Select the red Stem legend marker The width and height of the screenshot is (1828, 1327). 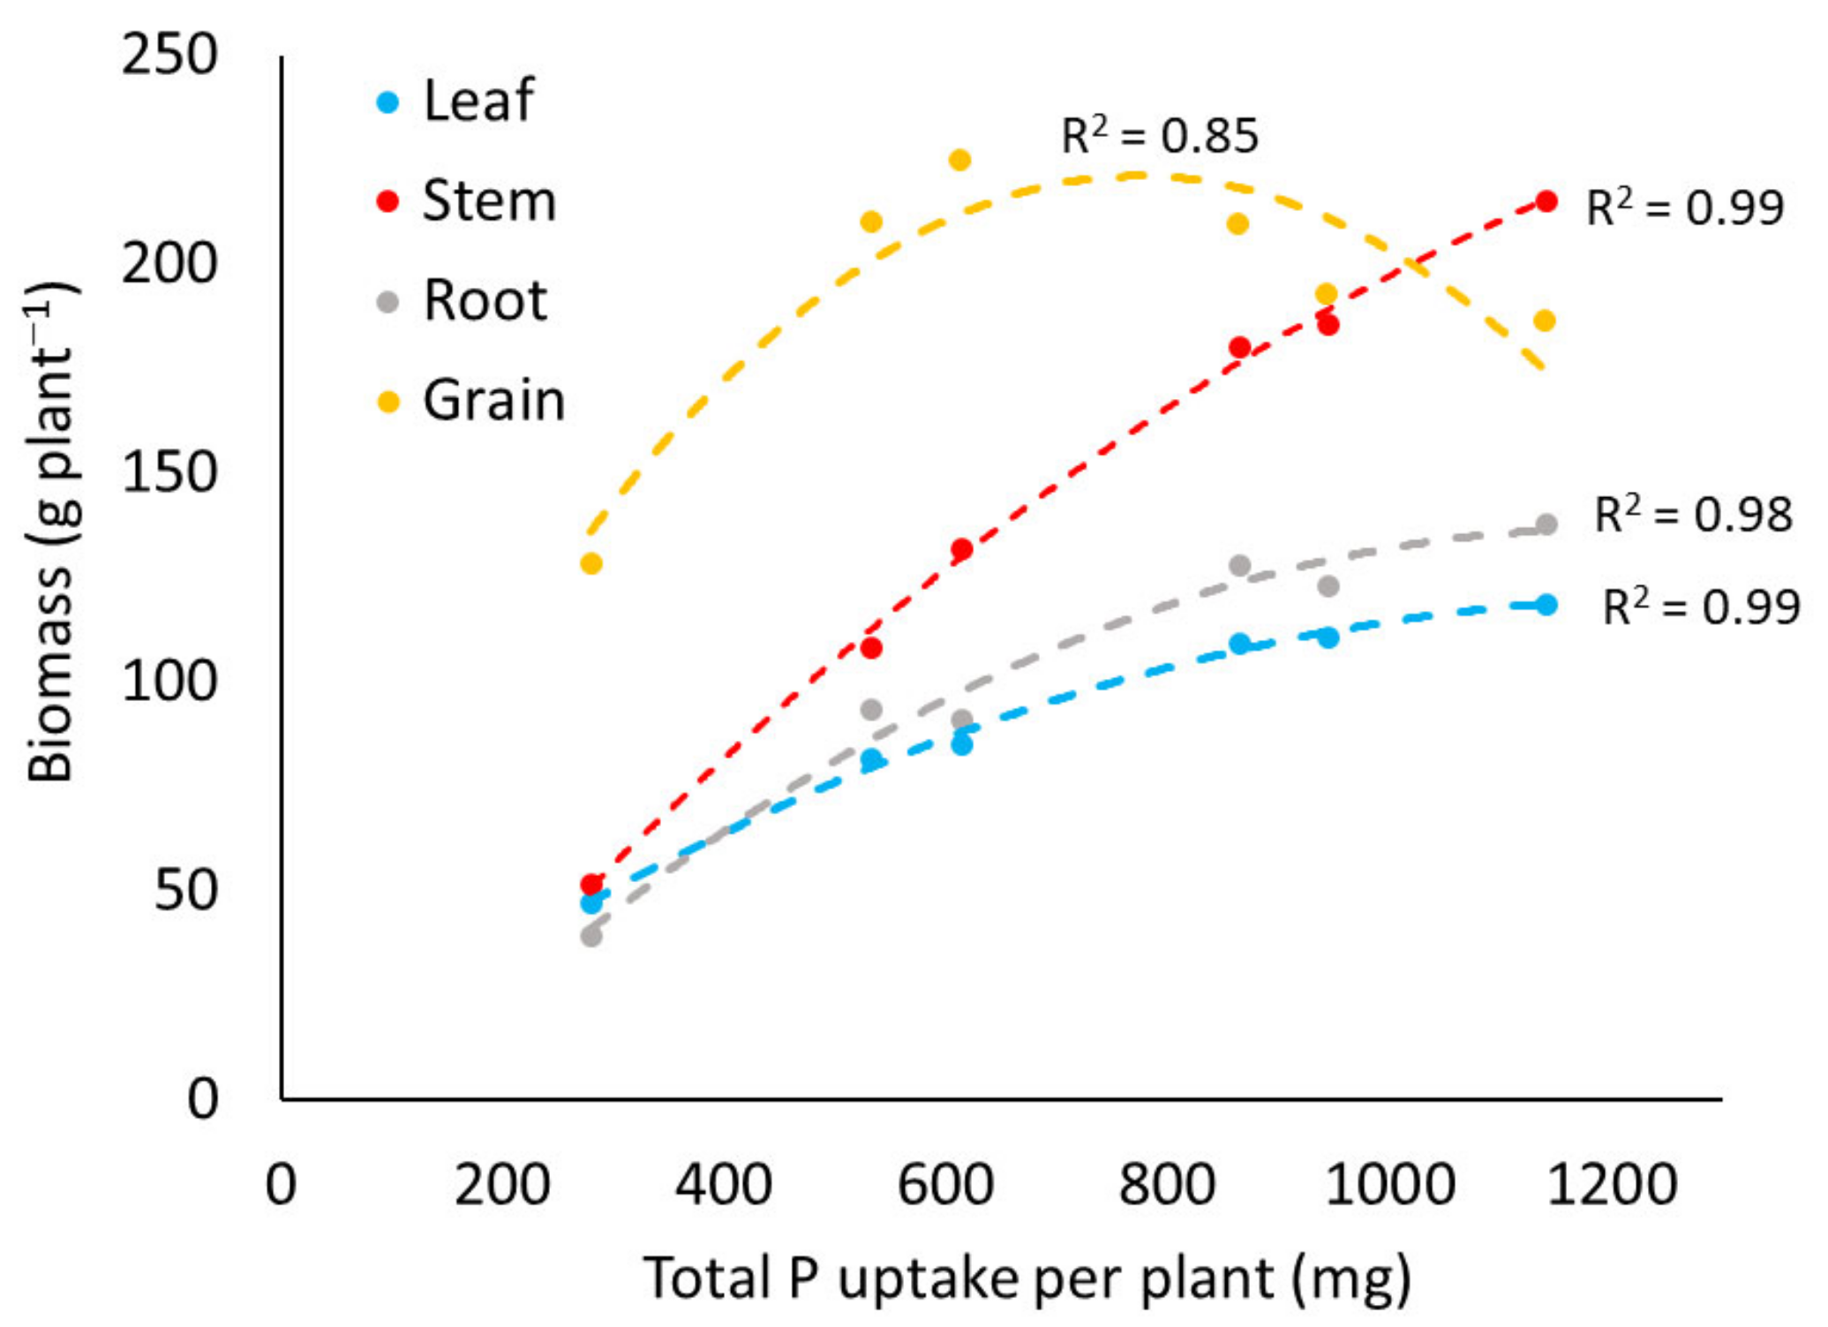coord(387,202)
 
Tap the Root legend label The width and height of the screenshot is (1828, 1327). coord(485,301)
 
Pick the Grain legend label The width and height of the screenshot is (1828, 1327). coord(493,401)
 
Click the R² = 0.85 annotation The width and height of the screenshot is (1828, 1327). coord(1159,135)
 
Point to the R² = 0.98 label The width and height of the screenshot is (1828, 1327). coord(1692,515)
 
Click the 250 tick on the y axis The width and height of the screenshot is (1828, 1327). coord(169,55)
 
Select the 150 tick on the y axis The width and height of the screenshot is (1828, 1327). coord(169,472)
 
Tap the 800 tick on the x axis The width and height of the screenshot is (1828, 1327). coord(1167,1185)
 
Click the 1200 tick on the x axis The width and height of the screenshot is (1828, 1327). coord(1612,1185)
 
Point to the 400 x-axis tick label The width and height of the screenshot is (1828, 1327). coord(724,1185)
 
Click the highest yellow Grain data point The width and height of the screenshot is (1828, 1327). coord(959,161)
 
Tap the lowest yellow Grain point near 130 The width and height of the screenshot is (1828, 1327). coord(591,563)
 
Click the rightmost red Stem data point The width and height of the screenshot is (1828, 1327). coord(1546,201)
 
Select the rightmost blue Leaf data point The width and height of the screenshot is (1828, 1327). coord(1546,605)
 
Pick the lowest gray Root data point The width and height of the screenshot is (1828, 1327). coord(591,936)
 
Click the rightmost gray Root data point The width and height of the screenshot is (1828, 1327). coord(1546,524)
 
